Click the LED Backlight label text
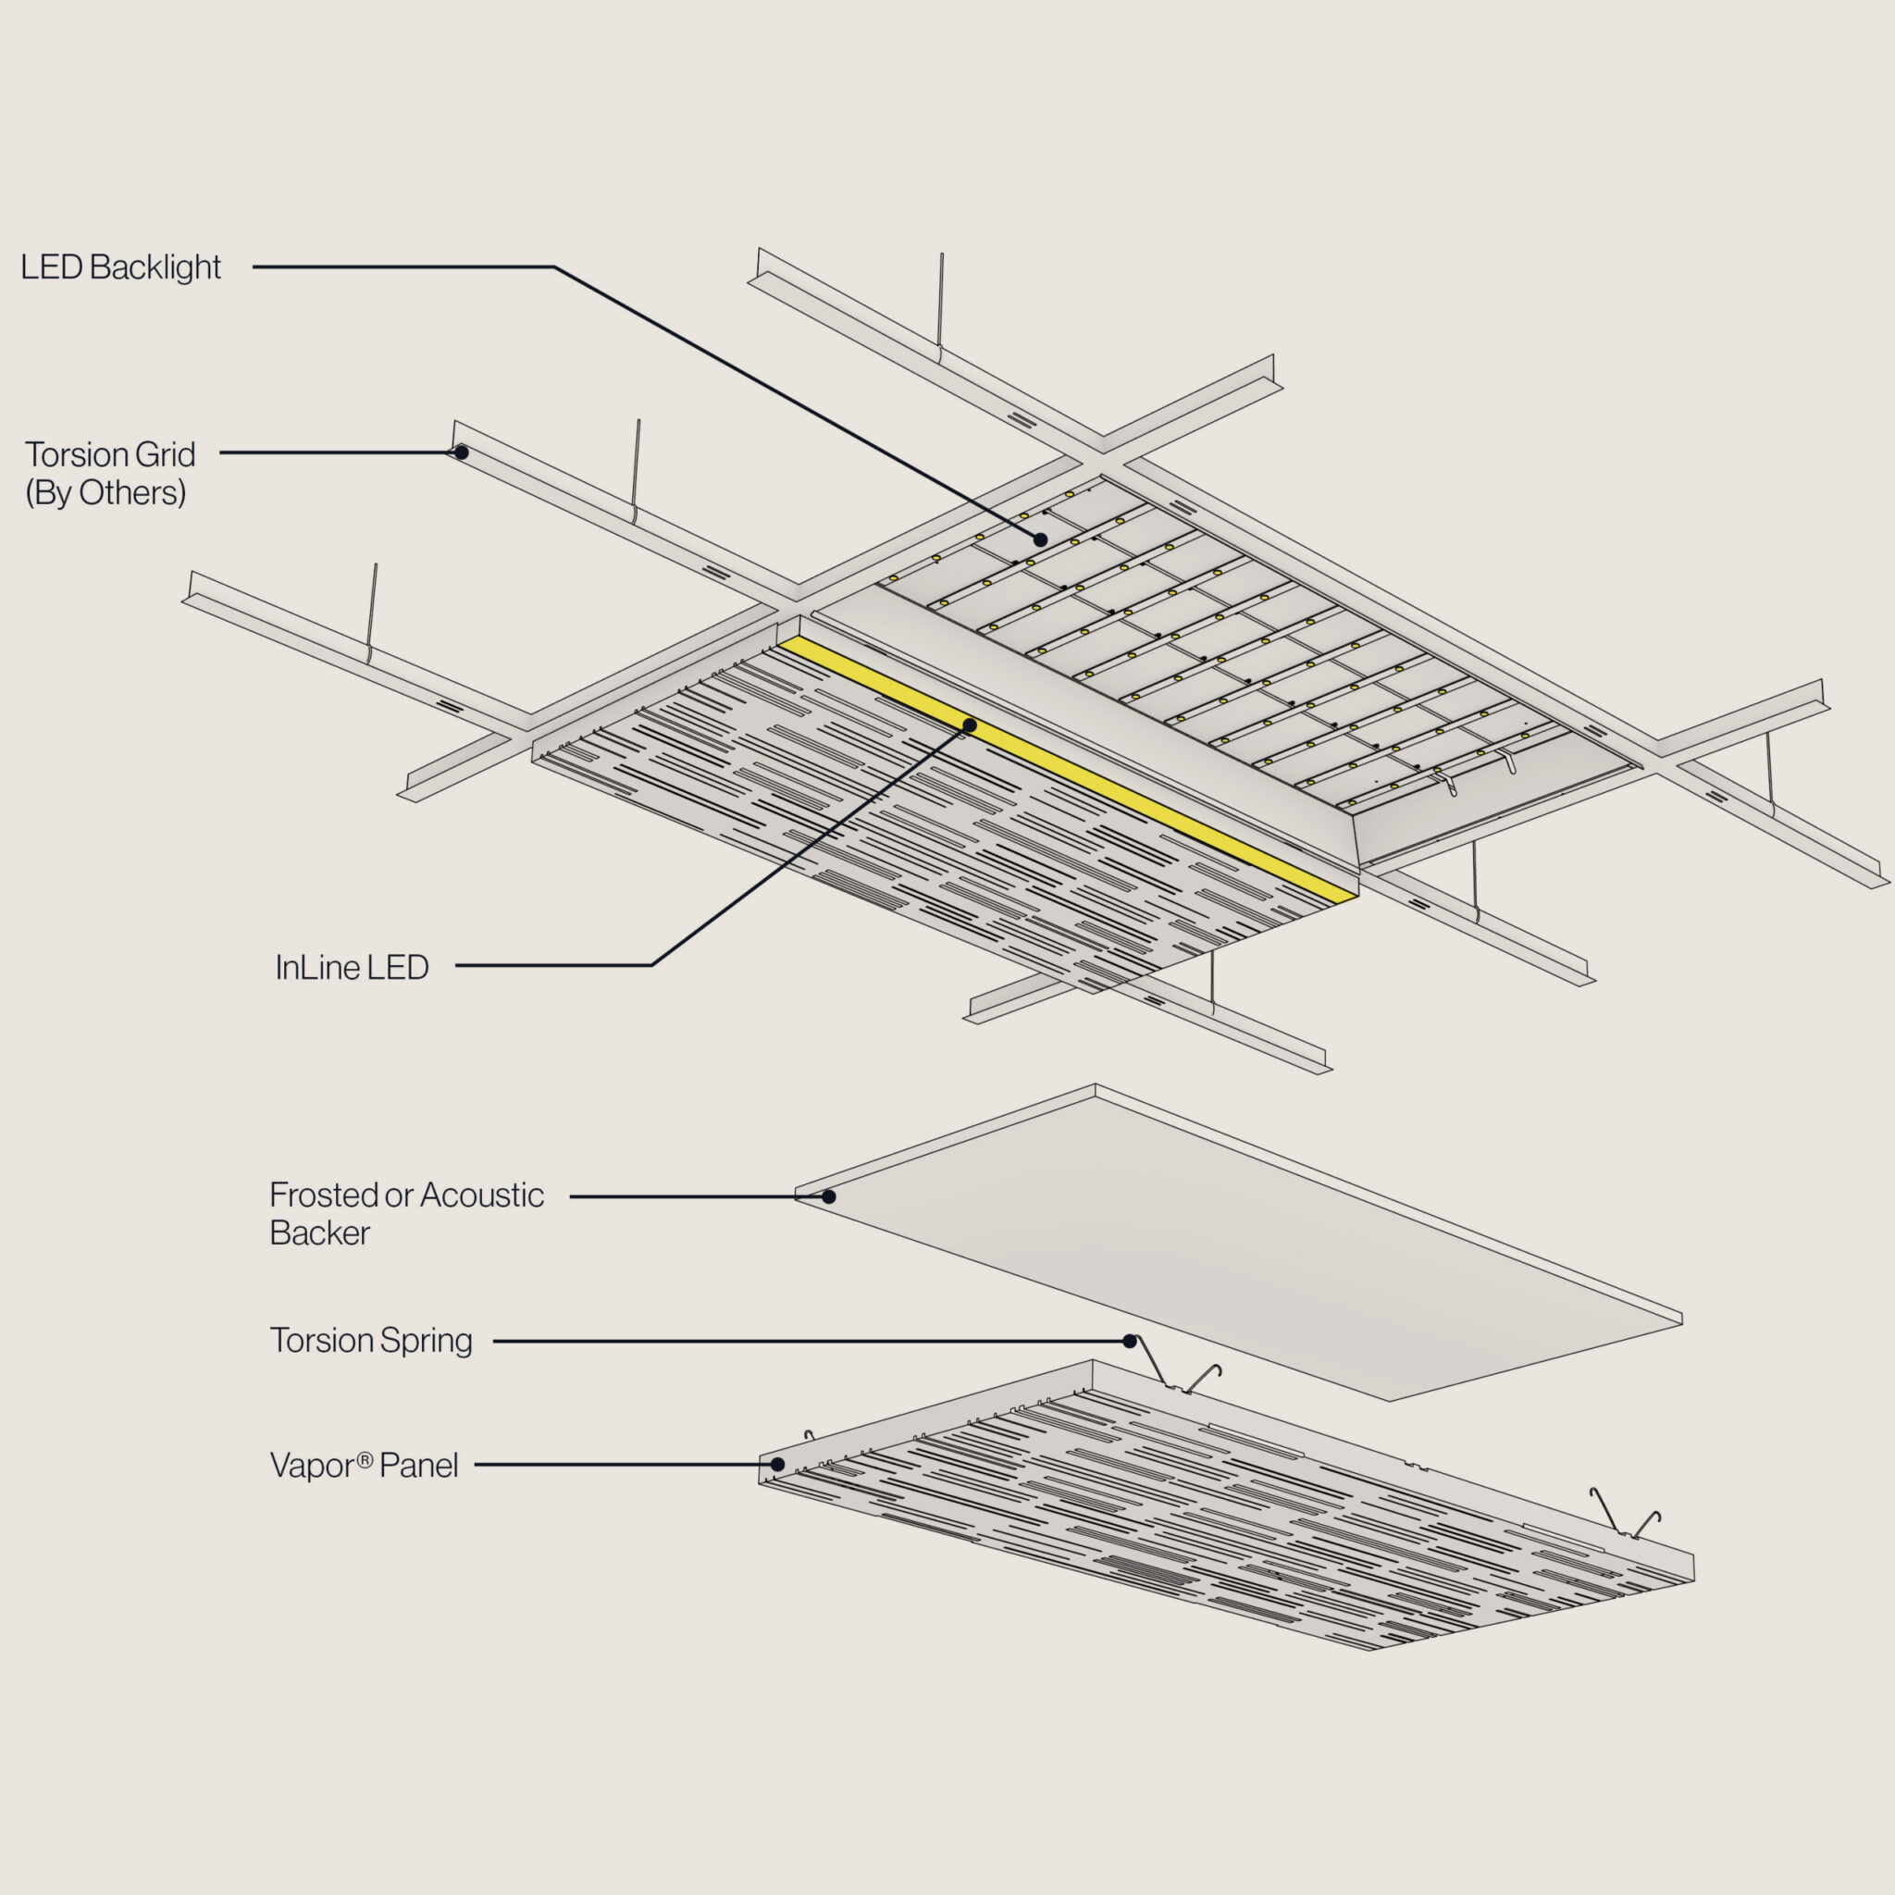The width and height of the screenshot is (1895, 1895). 120,266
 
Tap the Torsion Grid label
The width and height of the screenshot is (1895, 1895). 110,455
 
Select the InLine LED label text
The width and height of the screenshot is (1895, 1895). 351,968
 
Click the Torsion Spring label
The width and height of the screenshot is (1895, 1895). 371,1341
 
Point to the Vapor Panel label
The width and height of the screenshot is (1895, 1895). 364,1466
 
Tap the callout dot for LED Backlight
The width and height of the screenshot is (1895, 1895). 1041,539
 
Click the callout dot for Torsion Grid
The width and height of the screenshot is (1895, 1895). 461,452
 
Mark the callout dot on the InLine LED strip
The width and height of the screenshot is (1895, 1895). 969,725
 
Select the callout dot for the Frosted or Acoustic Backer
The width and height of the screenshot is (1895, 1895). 829,1196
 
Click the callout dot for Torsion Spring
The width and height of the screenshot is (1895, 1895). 1130,1341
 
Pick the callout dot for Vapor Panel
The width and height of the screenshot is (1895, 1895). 777,1465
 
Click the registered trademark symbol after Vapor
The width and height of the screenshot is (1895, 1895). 364,1459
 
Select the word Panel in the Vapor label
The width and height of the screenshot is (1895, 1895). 419,1467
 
